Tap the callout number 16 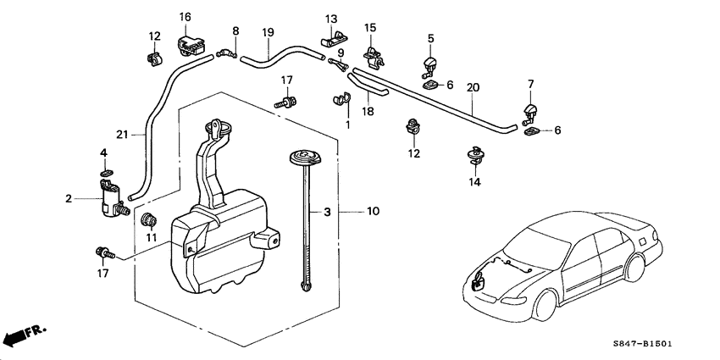point(185,17)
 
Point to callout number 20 point(473,87)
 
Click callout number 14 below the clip point(474,181)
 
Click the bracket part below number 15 point(370,55)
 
